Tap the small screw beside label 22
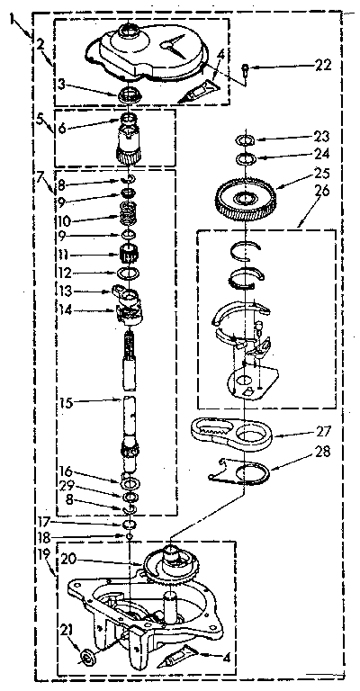pos(246,66)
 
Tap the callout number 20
pos(67,559)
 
